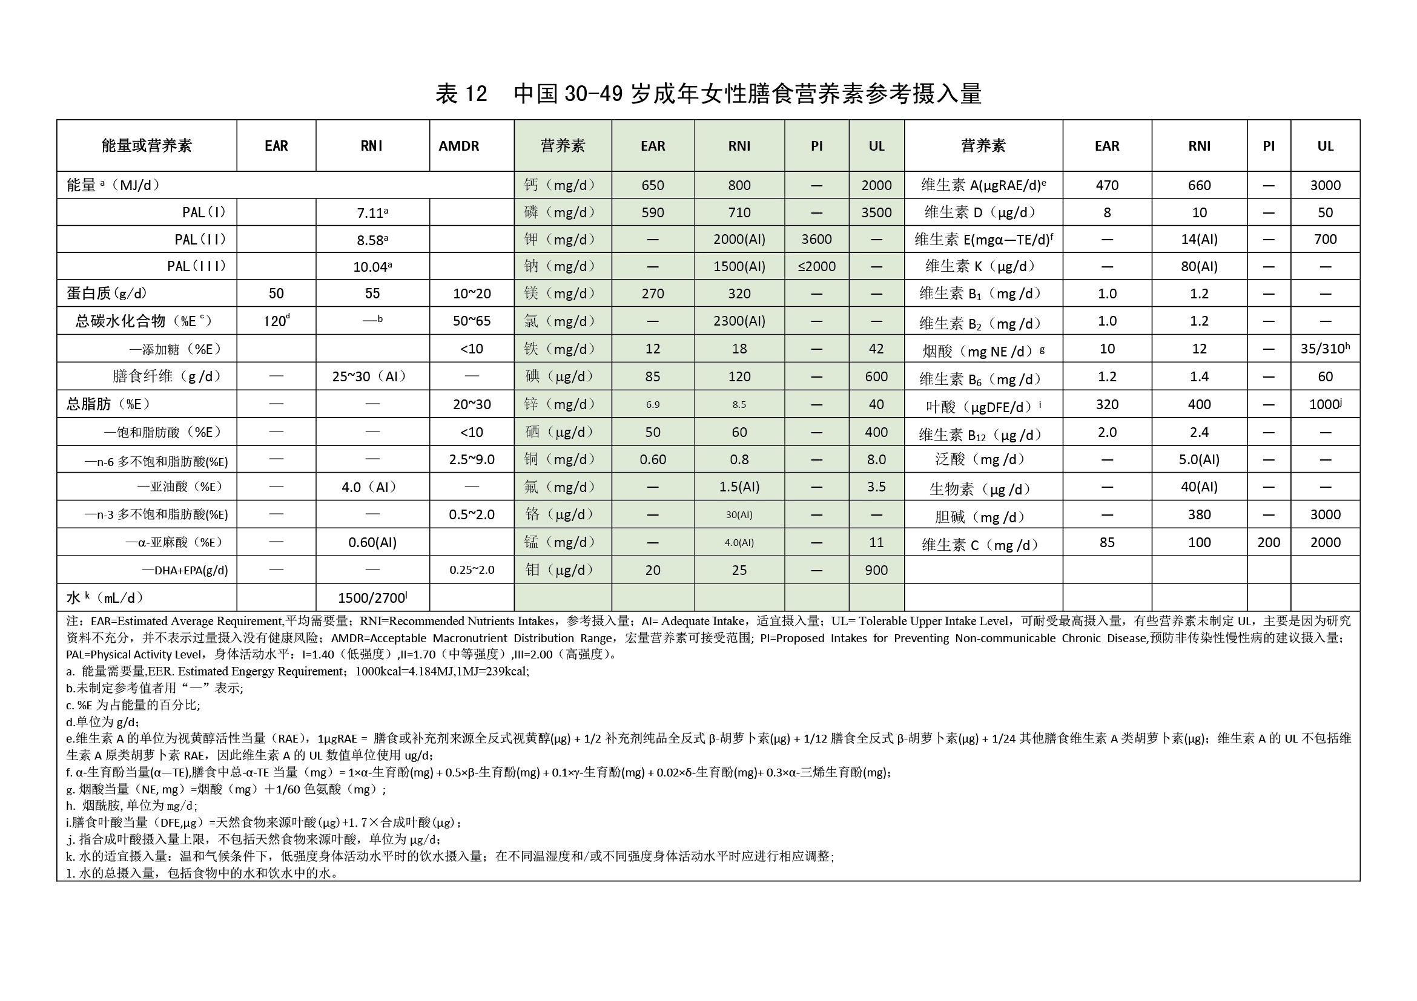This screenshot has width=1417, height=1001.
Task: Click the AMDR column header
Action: [458, 146]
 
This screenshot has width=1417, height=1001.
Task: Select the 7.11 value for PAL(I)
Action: [372, 213]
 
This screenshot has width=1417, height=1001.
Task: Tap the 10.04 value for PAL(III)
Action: [372, 266]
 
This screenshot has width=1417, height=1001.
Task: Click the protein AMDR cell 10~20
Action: [472, 294]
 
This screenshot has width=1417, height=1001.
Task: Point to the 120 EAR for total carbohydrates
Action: [276, 321]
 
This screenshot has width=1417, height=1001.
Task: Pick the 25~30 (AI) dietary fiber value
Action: [372, 376]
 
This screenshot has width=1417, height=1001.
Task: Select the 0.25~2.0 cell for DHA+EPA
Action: [472, 570]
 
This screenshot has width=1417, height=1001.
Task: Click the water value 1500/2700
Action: [372, 598]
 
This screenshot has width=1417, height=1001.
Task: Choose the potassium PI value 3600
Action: [816, 239]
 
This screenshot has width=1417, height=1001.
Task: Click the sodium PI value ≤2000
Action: [816, 266]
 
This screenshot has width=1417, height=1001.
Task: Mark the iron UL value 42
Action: [876, 349]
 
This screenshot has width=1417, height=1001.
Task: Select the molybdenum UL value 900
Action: [876, 570]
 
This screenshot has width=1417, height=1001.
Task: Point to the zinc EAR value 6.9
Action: [652, 405]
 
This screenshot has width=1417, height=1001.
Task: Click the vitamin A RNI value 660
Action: [1198, 185]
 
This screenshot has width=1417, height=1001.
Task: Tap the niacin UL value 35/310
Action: [1324, 349]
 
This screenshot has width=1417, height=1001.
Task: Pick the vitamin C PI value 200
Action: [1268, 542]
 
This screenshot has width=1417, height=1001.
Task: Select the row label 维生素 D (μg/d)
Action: [983, 213]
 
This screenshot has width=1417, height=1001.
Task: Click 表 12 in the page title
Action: [461, 94]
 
